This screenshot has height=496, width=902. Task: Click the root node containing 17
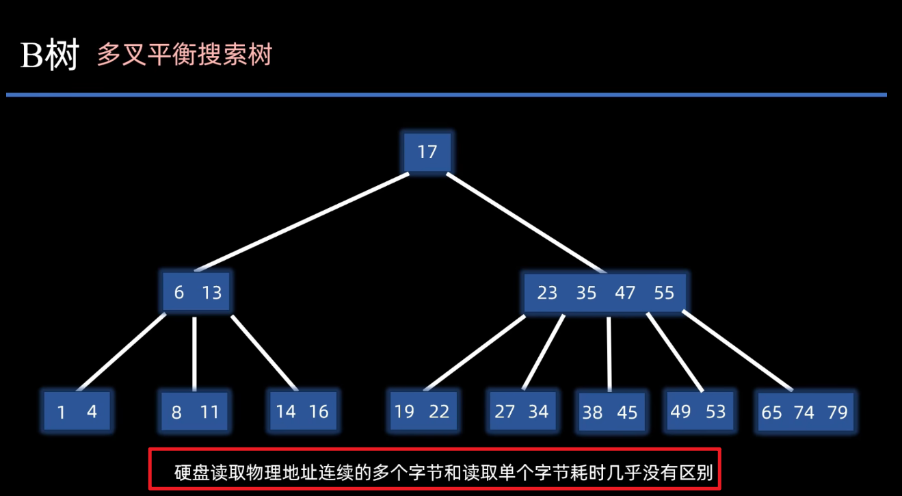tap(427, 151)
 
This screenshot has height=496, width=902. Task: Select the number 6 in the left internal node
tap(179, 293)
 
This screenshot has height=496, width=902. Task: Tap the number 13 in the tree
tap(212, 293)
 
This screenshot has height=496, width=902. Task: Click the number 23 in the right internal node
tap(547, 293)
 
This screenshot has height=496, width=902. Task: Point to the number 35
tap(586, 293)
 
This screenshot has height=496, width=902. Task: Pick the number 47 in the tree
tap(625, 293)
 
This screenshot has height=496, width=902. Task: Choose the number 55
tap(664, 293)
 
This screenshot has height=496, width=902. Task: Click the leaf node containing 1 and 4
tap(77, 412)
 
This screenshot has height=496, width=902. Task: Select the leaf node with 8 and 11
tap(195, 412)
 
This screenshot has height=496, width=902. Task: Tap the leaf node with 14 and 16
tap(302, 411)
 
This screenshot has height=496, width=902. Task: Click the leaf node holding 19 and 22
tap(422, 411)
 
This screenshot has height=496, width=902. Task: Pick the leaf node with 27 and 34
tap(522, 411)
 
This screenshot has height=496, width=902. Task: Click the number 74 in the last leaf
tap(804, 412)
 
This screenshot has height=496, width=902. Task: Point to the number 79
tap(837, 412)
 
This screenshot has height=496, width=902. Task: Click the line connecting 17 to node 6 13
tap(301, 222)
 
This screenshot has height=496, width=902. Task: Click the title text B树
tap(50, 55)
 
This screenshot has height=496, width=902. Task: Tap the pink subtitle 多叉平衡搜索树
tap(185, 54)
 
